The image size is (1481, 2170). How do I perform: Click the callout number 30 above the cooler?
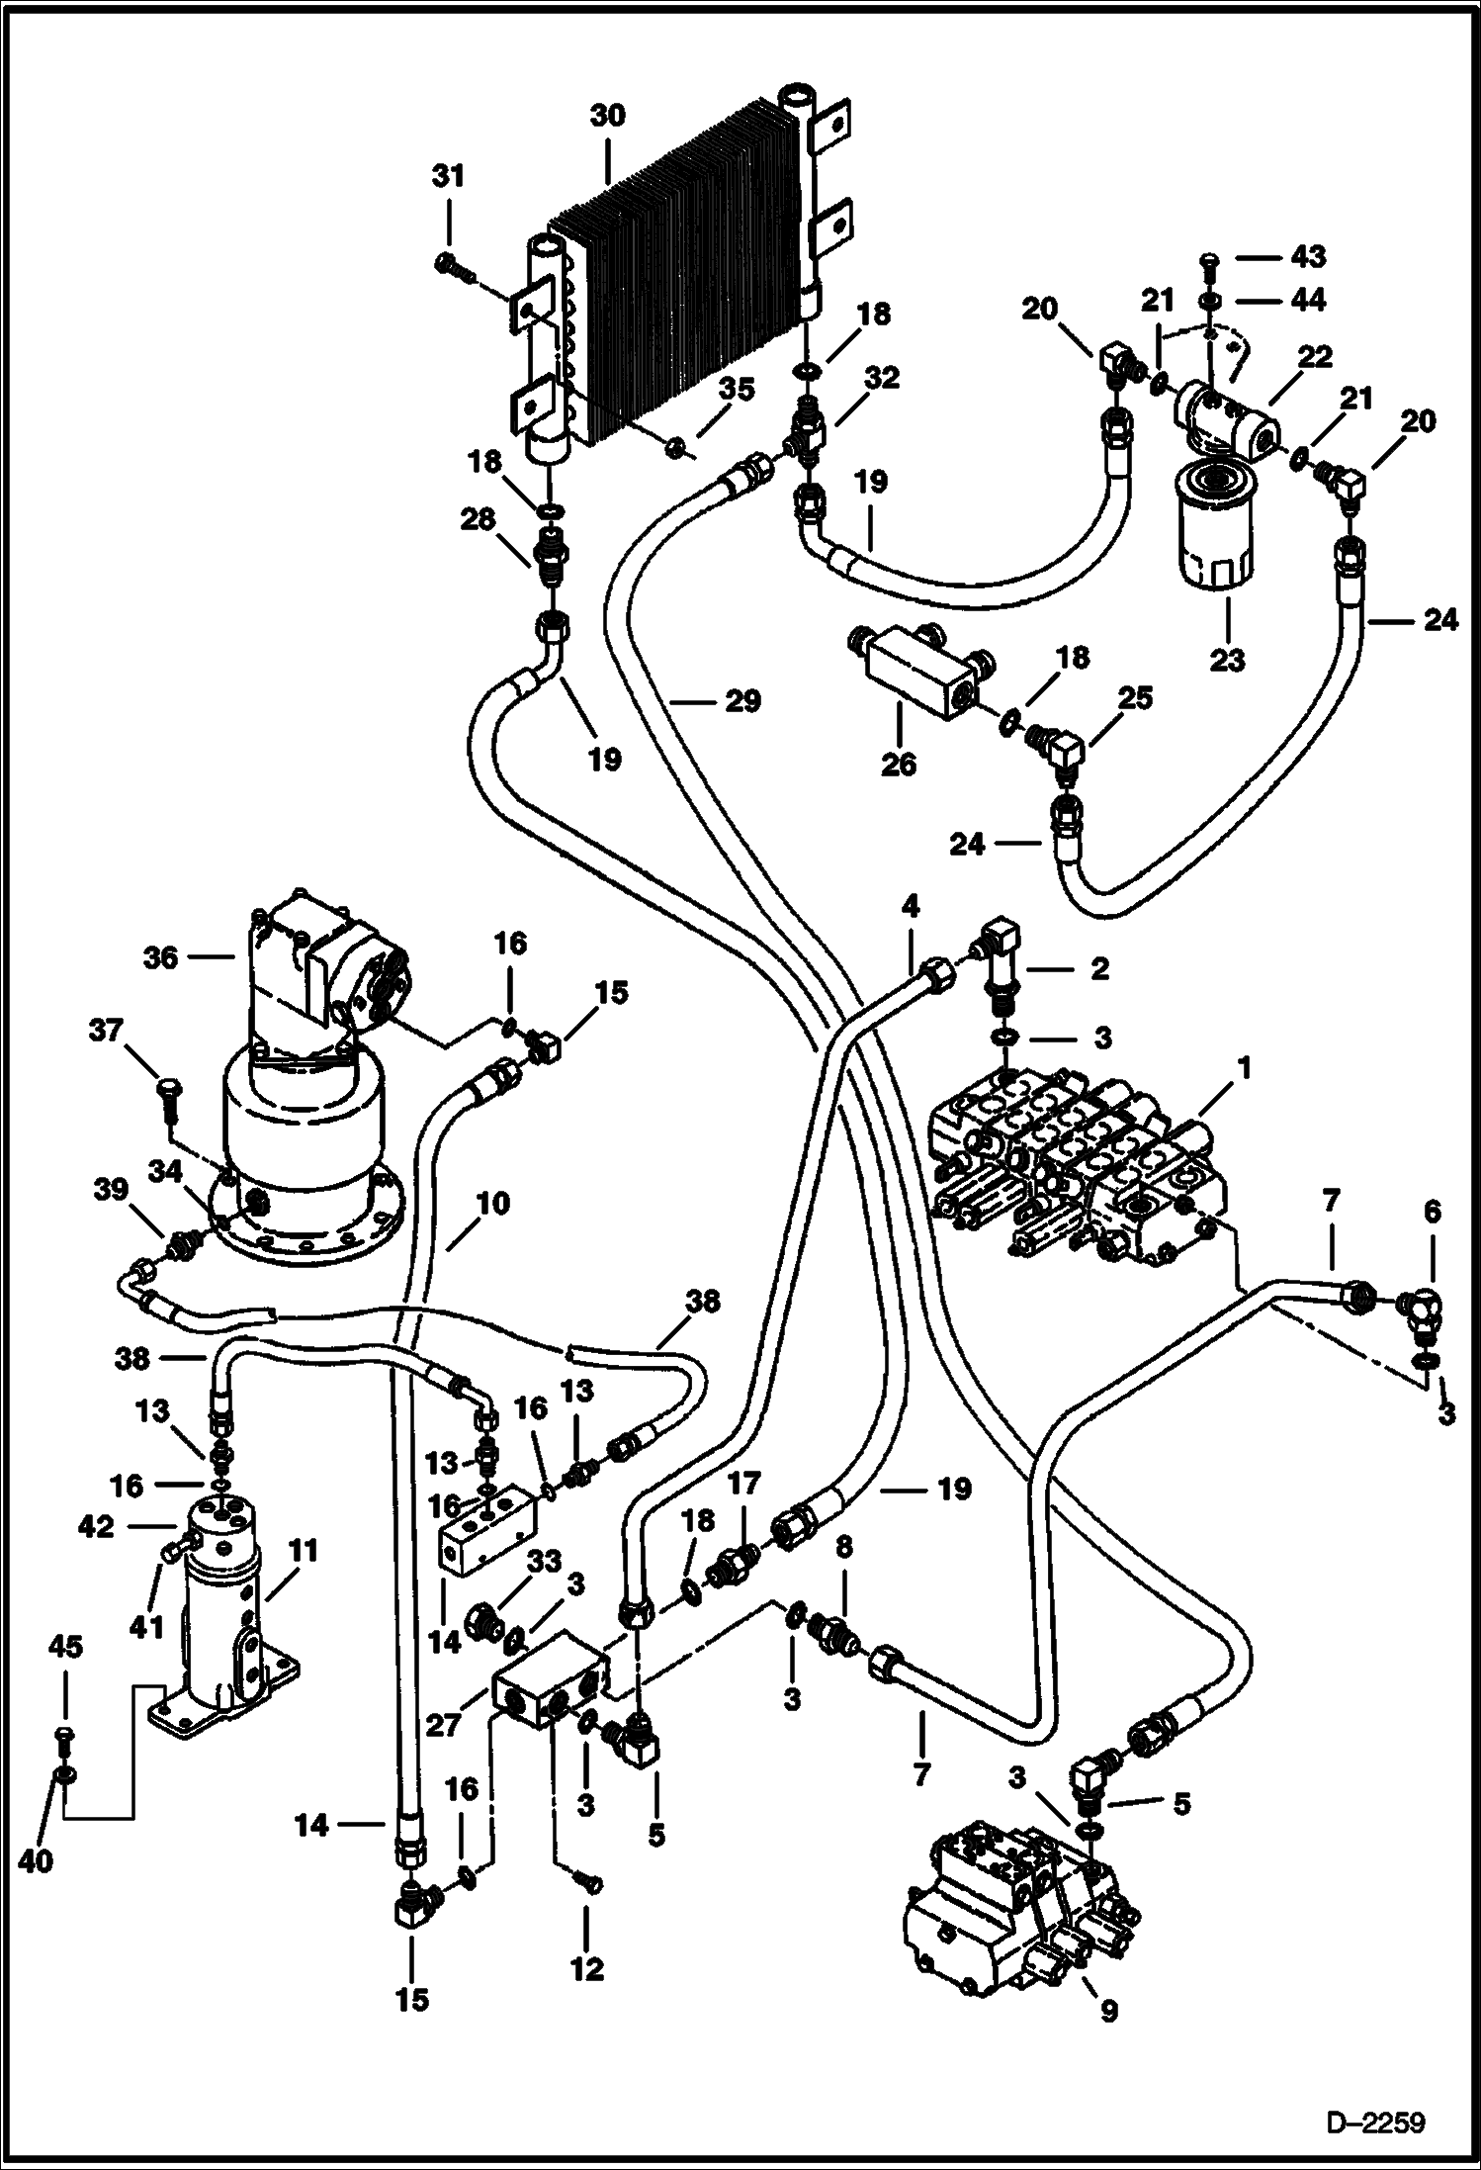607,116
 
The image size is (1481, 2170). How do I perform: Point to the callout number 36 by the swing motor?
160,956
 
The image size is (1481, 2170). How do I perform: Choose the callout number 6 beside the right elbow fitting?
1433,1211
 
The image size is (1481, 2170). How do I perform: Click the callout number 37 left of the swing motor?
106,1032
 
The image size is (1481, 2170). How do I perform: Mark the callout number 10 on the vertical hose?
491,1204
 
